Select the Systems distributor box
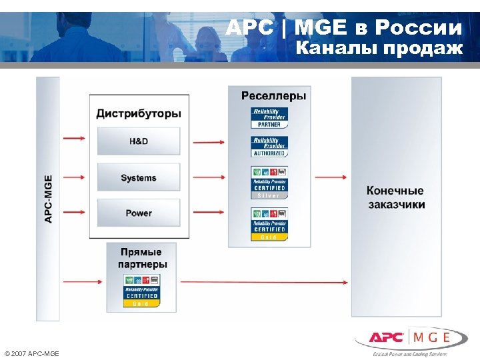[x=139, y=178]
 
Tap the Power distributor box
[x=139, y=213]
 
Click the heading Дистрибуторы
[x=139, y=113]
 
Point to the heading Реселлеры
[x=274, y=96]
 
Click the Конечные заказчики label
[x=395, y=198]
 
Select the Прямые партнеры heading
[x=142, y=258]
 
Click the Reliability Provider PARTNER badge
[x=269, y=117]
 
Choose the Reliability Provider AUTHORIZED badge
[x=269, y=147]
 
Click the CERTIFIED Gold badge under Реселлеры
[x=269, y=224]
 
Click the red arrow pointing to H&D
[x=73, y=139]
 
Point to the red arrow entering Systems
[x=73, y=177]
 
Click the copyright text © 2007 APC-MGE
[x=31, y=353]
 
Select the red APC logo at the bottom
[x=388, y=337]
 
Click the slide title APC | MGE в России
[x=343, y=28]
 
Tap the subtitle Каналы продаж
[x=379, y=49]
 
